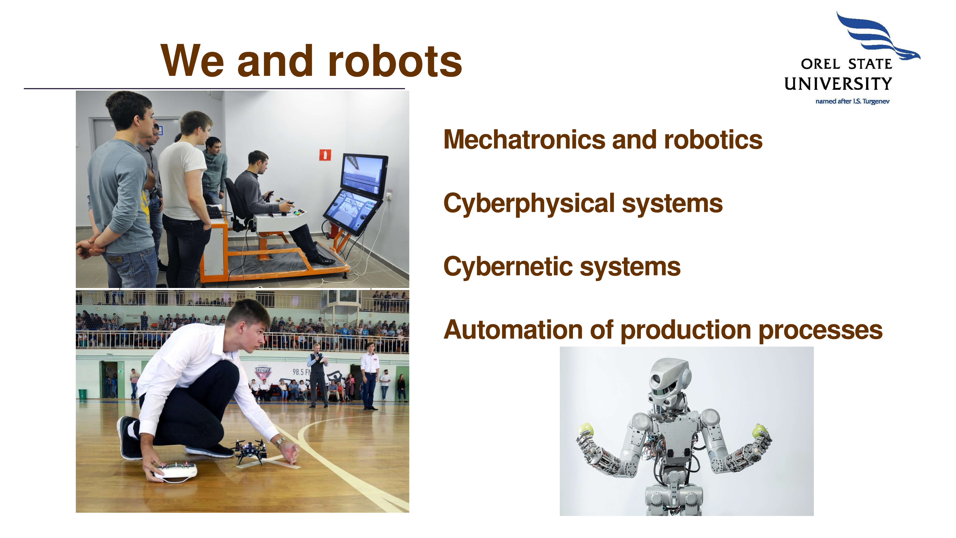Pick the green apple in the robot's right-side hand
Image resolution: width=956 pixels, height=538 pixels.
(x=760, y=431)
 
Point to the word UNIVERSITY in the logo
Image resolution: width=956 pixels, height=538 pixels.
(x=838, y=84)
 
